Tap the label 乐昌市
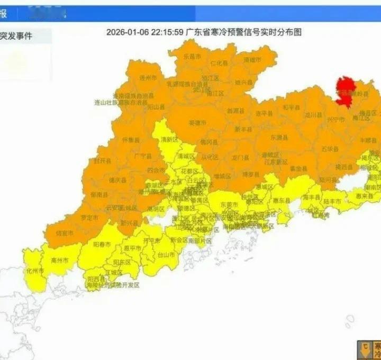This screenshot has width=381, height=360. [x=192, y=56]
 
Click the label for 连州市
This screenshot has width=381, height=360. [x=148, y=78]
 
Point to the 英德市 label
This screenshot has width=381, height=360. [x=196, y=122]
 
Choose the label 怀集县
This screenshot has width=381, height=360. [x=131, y=140]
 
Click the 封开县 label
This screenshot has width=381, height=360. [x=103, y=160]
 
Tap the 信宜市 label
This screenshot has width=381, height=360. [x=63, y=233]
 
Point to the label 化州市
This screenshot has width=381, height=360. [x=35, y=271]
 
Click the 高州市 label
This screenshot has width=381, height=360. [x=60, y=261]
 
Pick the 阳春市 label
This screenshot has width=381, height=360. [x=102, y=245]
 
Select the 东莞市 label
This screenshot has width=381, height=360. [x=229, y=204]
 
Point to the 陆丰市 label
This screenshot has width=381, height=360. [x=332, y=201]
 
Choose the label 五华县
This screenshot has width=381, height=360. [x=329, y=149]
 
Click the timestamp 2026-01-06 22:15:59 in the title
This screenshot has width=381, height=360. [x=144, y=32]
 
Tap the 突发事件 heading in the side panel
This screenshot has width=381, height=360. [x=16, y=36]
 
